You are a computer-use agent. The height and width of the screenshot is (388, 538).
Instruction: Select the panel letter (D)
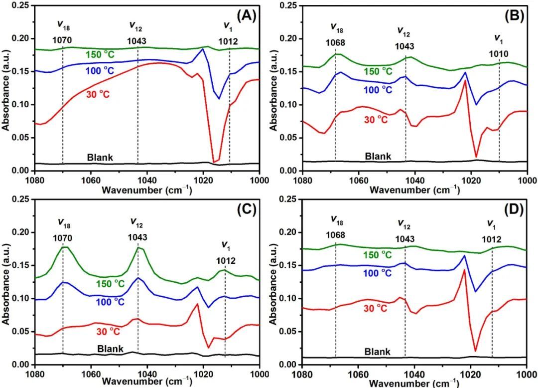tap(514, 209)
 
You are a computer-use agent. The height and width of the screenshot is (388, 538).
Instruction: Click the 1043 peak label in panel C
tap(137, 237)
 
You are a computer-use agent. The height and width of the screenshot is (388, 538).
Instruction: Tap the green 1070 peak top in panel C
tap(64, 247)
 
